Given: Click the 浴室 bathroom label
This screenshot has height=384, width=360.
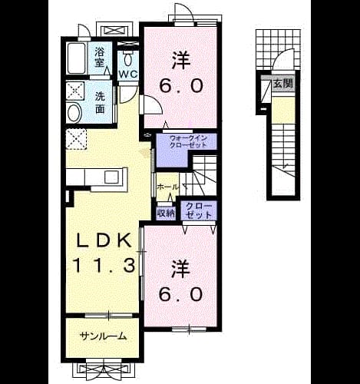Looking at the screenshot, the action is coord(100,58).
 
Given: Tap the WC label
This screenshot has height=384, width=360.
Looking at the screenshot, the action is coord(127,74).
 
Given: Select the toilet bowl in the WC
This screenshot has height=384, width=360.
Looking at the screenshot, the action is coord(127,60).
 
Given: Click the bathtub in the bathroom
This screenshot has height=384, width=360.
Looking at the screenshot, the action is coord(77,58).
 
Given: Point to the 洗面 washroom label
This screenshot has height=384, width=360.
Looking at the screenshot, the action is coord(100,102).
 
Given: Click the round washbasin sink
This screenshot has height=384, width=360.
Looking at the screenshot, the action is coord(74,113).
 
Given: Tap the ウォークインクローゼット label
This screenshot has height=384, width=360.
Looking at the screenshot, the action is coord(188,141).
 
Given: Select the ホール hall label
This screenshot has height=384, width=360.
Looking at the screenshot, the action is coord(168,187).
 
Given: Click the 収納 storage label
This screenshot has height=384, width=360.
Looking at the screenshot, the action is coord(166,214).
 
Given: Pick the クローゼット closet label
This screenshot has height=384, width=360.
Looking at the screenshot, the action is coord(199,210).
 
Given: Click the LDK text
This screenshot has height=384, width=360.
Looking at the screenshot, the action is coord(104,241).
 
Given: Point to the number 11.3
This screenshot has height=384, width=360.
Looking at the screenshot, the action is coord(104,265).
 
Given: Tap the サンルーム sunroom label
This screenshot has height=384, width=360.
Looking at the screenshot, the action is coord(103,336).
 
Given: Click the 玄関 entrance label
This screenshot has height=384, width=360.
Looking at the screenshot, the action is coord(282,84).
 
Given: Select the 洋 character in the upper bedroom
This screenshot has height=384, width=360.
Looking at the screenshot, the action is coord(181,61).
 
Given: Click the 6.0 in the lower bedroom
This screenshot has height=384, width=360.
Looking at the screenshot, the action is coord(181,294).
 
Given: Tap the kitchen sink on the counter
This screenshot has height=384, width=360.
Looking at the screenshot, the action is coord(111,176).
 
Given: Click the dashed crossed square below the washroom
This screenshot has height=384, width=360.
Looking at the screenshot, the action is coord(76,139).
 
